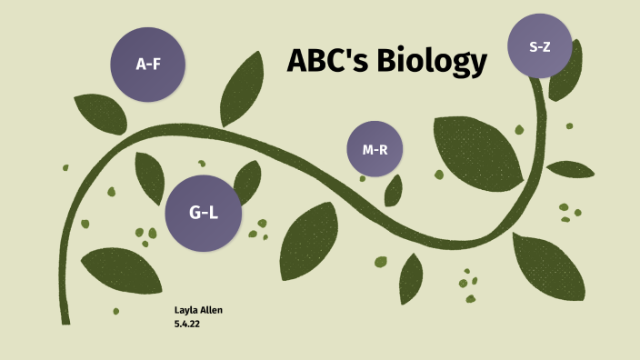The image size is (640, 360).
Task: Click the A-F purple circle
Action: coord(147,64)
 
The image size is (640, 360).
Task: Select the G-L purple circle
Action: coord(204,213)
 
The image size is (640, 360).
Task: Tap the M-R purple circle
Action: coord(375,149)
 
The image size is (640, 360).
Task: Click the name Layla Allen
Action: coord(198,310)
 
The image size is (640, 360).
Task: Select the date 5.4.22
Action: coord(186,323)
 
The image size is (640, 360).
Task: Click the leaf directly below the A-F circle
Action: coord(99,113)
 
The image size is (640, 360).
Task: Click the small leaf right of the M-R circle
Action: coord(394,191)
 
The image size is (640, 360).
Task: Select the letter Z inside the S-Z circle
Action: coord(547,45)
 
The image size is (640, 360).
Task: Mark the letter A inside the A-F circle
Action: coord(140,65)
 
